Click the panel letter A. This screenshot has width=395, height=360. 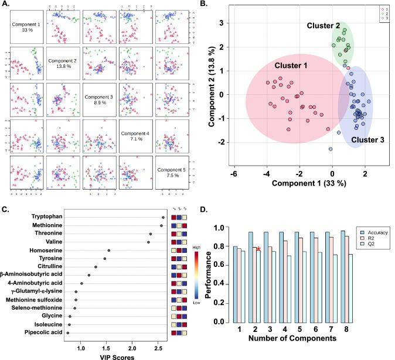(x=5, y=5)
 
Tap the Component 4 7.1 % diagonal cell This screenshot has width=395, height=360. (x=135, y=138)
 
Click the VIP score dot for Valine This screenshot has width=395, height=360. (x=149, y=242)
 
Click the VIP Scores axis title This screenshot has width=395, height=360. (x=106, y=355)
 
